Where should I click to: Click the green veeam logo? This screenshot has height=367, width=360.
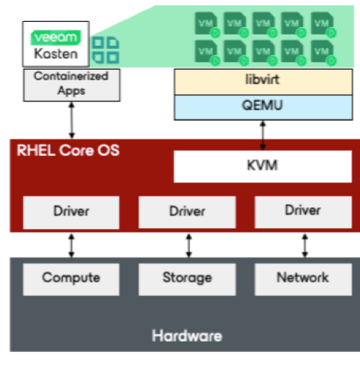56,38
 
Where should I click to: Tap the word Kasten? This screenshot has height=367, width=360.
56,54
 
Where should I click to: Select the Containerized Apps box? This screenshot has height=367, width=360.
72,85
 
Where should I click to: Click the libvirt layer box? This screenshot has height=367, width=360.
263,82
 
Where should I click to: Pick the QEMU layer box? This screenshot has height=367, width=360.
263,107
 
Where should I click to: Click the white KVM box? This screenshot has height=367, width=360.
262,167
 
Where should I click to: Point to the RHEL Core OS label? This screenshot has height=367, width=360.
68,150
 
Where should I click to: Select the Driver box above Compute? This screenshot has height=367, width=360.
71,212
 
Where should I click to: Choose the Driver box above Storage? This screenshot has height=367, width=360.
187,212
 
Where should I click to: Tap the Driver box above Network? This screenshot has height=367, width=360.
303,212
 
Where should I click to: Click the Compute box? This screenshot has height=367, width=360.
71,279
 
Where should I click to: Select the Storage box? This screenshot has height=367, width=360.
187,279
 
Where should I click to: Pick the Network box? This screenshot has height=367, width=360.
303,279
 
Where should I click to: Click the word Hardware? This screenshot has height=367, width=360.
187,335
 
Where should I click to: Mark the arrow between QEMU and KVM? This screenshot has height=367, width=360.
262,135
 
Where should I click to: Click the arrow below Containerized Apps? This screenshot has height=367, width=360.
72,120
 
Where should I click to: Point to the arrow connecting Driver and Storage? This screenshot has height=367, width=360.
189,245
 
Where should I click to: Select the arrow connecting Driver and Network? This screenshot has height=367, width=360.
304,245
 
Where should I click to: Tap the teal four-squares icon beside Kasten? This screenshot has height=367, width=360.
106,50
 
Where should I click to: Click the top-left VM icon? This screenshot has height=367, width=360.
207,25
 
